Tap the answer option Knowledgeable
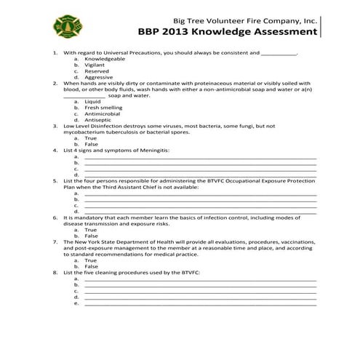coord(105,59)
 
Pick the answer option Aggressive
coord(98,77)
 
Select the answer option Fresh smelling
coord(103,108)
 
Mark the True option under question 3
coord(91,137)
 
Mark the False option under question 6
coord(92,236)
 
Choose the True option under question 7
coord(91,260)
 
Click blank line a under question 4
coord(200,156)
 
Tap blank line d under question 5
coord(200,211)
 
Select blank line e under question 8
coord(200,303)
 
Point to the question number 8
coord(56,272)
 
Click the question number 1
coord(56,53)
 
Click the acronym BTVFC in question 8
coord(188,272)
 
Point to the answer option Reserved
coord(97,71)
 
